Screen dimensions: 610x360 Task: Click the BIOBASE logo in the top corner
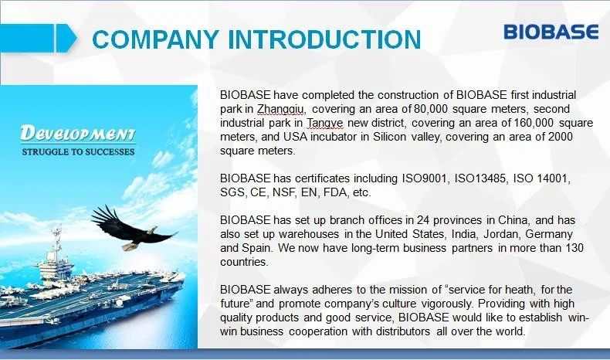pyautogui.click(x=551, y=32)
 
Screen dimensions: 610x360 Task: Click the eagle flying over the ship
pyautogui.click(x=132, y=229)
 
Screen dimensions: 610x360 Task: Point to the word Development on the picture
pyautogui.click(x=78, y=134)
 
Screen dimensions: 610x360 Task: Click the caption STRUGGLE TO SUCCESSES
pyautogui.click(x=78, y=151)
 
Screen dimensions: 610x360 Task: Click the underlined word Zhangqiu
pyautogui.click(x=280, y=110)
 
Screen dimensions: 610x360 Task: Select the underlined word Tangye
pyautogui.click(x=325, y=124)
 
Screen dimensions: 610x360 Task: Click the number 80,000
pyautogui.click(x=431, y=109)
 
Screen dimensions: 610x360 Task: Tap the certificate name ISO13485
pyautogui.click(x=480, y=178)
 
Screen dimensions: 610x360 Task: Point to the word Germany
pyautogui.click(x=549, y=234)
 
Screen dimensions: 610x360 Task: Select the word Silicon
pyautogui.click(x=389, y=137)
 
